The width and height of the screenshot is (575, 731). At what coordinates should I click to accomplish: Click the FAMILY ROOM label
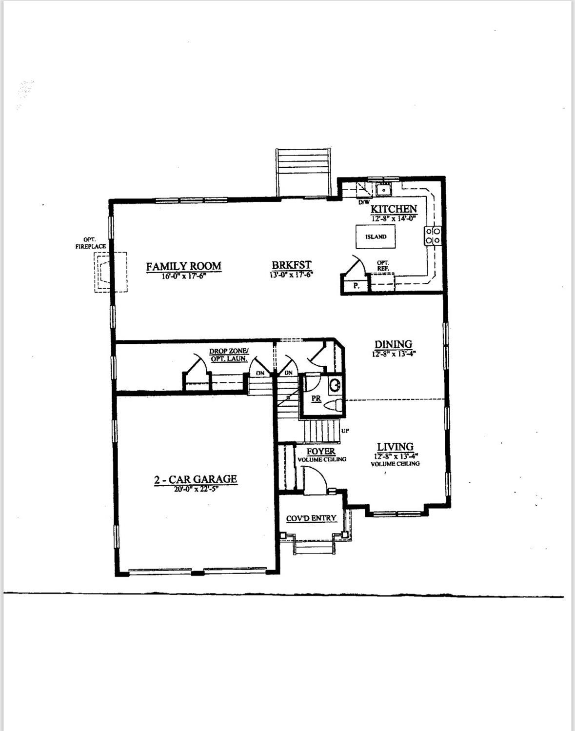pyautogui.click(x=183, y=266)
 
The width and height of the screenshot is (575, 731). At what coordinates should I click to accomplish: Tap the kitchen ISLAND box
pyautogui.click(x=376, y=237)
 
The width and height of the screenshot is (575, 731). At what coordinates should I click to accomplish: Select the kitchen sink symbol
pyautogui.click(x=384, y=189)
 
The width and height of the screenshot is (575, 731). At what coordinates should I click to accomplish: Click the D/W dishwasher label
pyautogui.click(x=364, y=202)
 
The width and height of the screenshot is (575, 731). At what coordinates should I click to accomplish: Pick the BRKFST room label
pyautogui.click(x=292, y=265)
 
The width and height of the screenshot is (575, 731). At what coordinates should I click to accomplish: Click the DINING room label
pyautogui.click(x=393, y=344)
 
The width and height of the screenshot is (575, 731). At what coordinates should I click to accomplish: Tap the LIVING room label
pyautogui.click(x=395, y=447)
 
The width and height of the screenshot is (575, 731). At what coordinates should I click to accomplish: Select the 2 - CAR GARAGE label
pyautogui.click(x=196, y=479)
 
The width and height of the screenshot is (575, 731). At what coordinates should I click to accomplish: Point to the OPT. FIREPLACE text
pyautogui.click(x=90, y=243)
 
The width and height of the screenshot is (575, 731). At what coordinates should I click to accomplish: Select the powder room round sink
pyautogui.click(x=336, y=385)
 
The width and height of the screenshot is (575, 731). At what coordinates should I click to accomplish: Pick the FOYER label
pyautogui.click(x=321, y=452)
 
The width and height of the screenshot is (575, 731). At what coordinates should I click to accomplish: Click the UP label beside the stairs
pyautogui.click(x=346, y=431)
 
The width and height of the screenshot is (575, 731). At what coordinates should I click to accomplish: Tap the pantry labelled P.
pyautogui.click(x=356, y=286)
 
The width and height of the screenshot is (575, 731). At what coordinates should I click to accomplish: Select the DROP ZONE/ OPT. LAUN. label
pyautogui.click(x=229, y=355)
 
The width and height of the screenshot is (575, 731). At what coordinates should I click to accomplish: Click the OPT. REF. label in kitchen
pyautogui.click(x=383, y=266)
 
